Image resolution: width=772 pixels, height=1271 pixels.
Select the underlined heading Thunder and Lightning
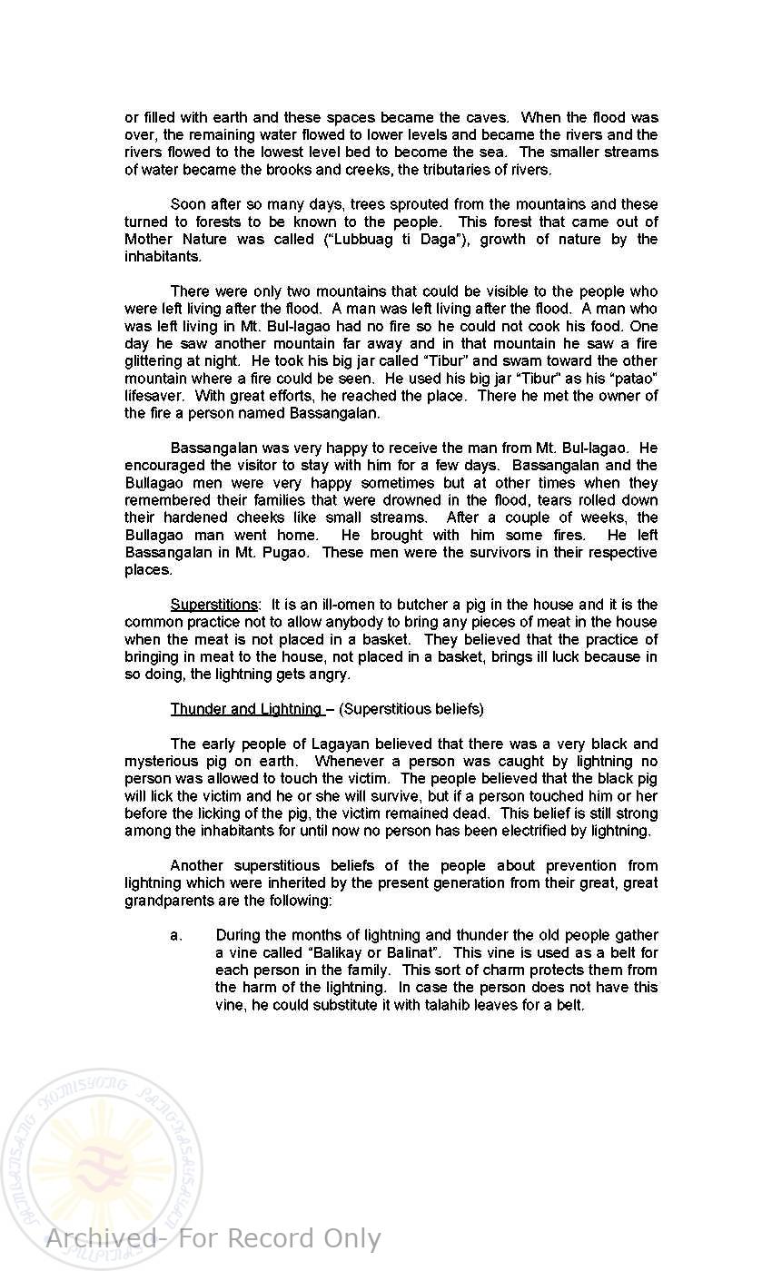tap(245, 709)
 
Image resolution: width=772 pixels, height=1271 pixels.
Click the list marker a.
tap(176, 936)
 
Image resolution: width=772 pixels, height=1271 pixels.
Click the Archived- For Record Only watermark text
tap(213, 1239)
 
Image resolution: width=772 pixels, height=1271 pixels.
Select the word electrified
tap(522, 831)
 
